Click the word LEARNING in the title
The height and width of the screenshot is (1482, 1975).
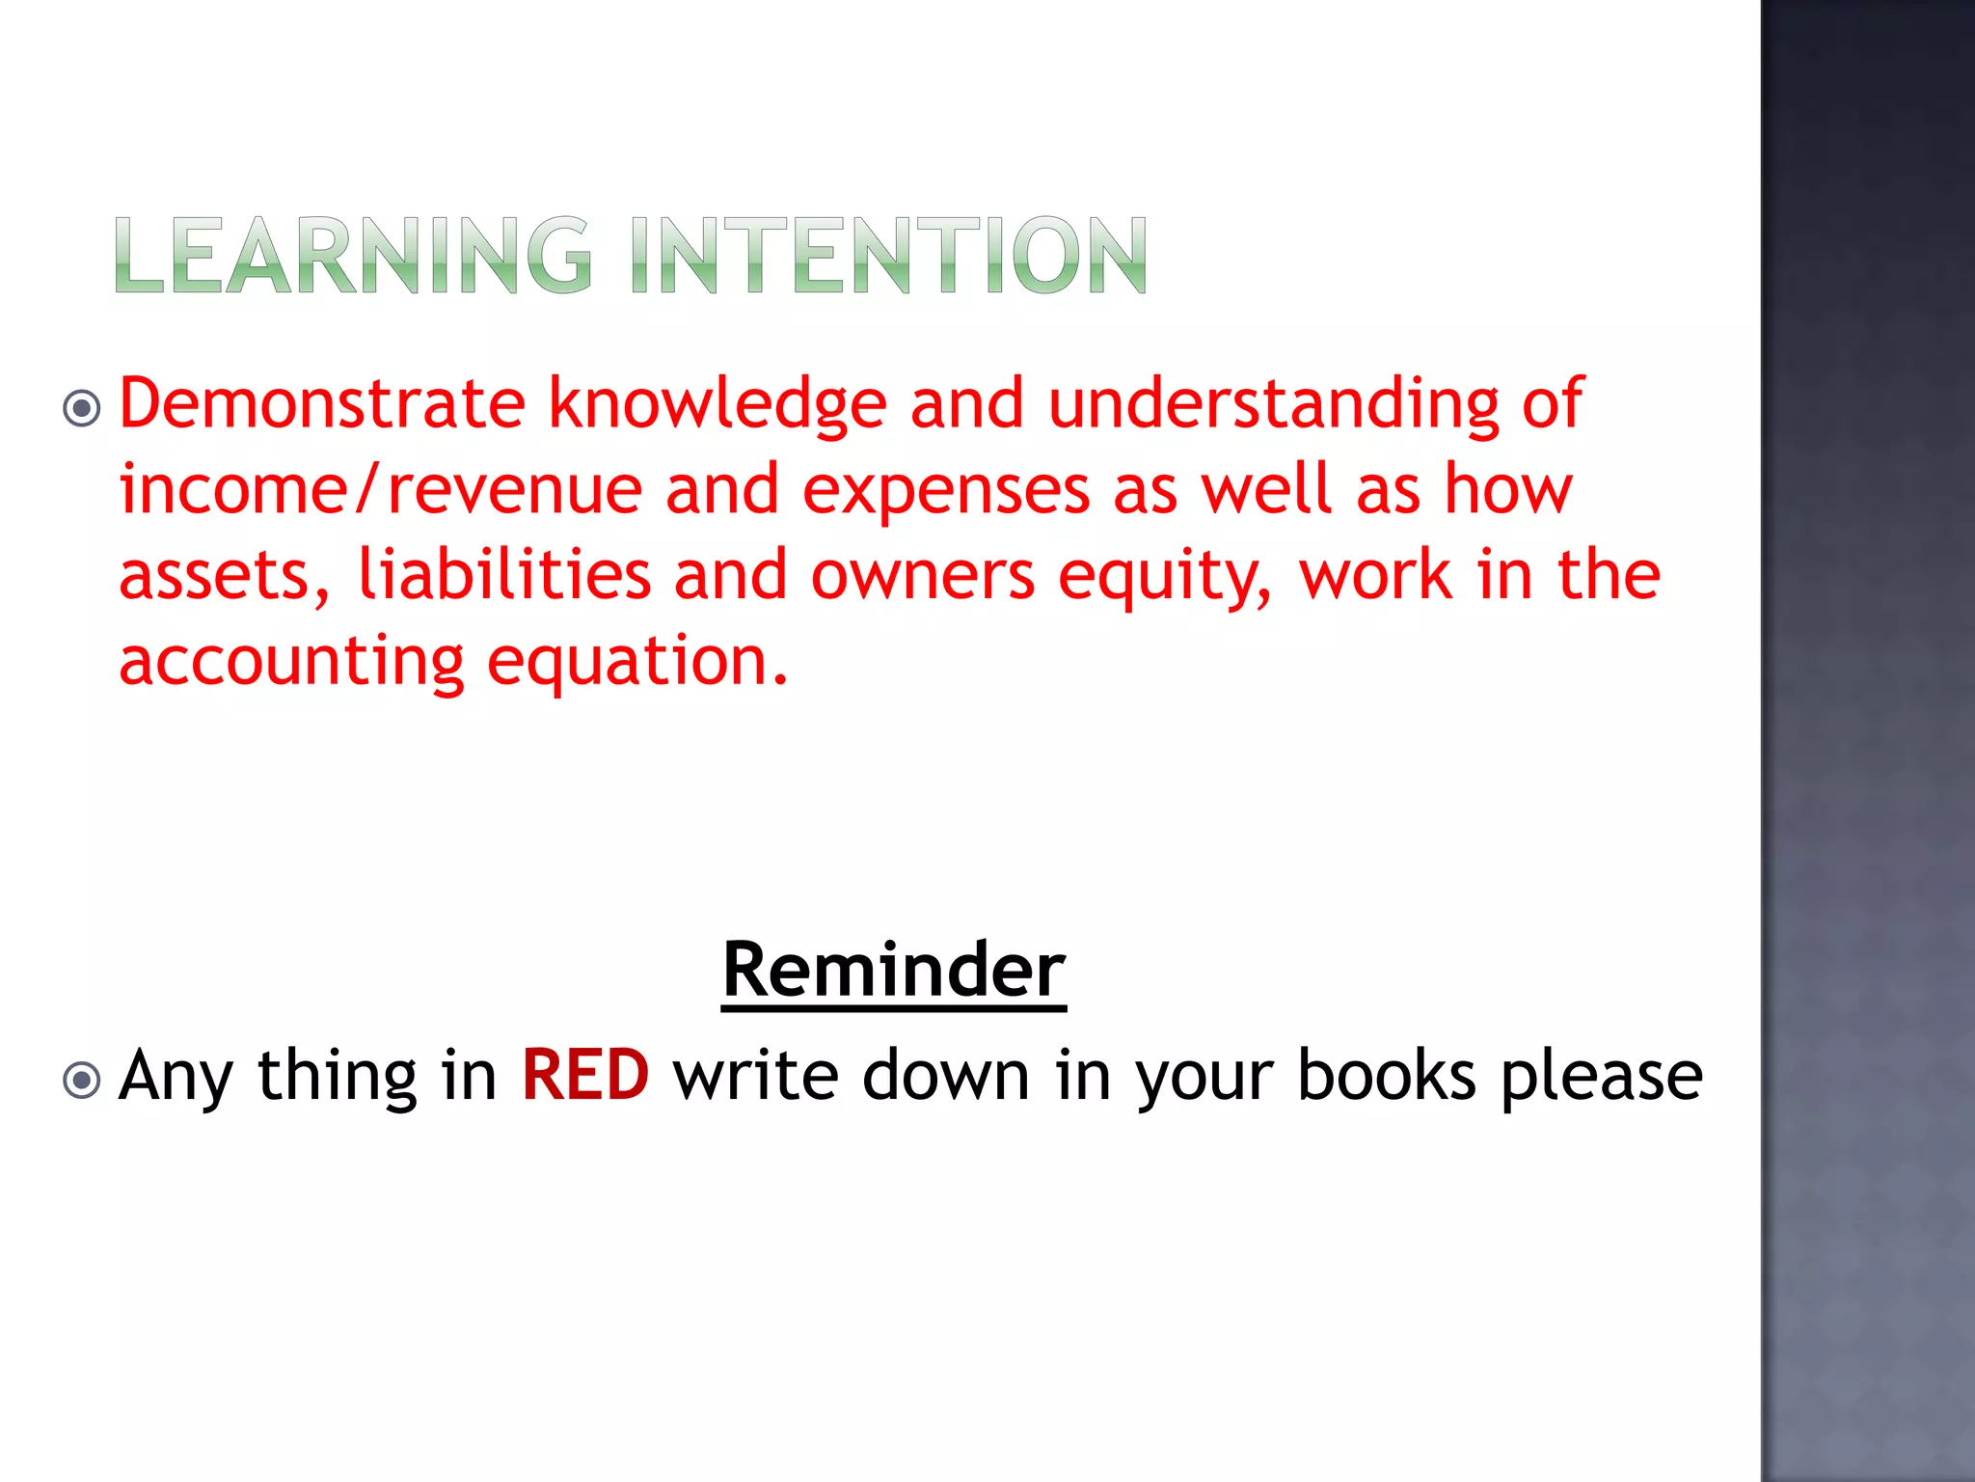tap(353, 256)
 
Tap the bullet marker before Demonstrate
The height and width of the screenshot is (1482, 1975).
tap(82, 408)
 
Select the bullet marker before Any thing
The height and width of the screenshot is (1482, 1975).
tap(82, 1080)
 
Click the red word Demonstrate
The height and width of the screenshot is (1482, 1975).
tap(322, 403)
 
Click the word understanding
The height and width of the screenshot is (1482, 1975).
tap(1273, 403)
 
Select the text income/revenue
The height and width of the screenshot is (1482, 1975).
tap(380, 490)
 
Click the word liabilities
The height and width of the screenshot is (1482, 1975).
tap(504, 575)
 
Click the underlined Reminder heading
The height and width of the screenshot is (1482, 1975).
tap(894, 970)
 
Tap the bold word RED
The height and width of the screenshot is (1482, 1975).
tap(585, 1075)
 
